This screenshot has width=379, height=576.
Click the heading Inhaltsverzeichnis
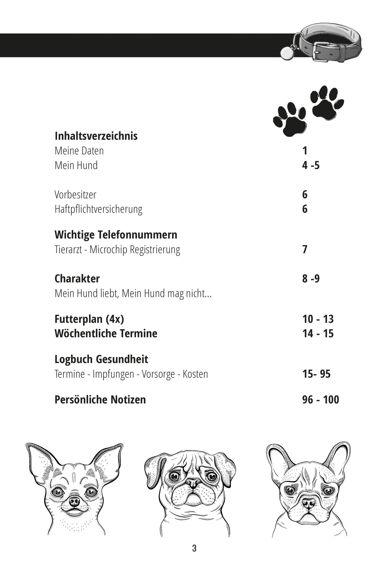[x=96, y=136]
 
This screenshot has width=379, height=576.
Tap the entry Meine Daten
[x=79, y=151]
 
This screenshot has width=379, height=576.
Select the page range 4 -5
[x=311, y=165]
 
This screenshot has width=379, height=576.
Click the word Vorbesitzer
[x=75, y=195]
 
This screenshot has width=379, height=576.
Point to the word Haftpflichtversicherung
[x=98, y=209]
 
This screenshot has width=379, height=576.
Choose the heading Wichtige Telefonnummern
[x=116, y=235]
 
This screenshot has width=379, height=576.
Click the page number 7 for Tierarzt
[x=305, y=249]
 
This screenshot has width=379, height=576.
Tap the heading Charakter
[x=77, y=279]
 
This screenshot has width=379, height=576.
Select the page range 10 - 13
[x=318, y=319]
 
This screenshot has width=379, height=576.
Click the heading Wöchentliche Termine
[x=106, y=334]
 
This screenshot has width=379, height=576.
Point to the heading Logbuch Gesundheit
[x=101, y=359]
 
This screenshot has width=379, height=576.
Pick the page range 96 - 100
[x=320, y=400]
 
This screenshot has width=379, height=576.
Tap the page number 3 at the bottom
[x=194, y=548]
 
